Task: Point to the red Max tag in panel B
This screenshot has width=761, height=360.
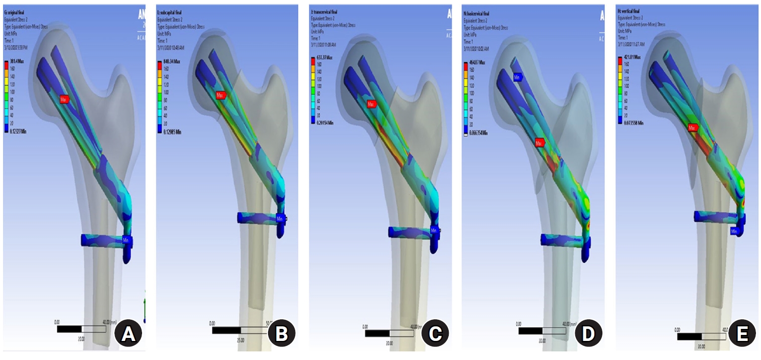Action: click(220, 95)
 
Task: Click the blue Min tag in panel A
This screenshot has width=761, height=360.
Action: click(127, 241)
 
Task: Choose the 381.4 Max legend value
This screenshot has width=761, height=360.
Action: click(19, 62)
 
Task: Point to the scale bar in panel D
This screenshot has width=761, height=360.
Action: click(542, 331)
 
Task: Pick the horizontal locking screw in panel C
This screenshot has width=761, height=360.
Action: click(410, 232)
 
